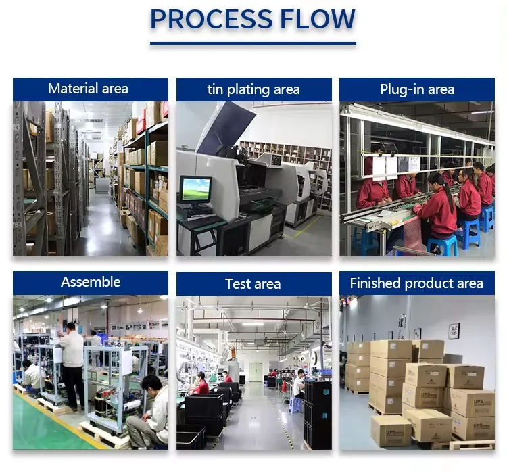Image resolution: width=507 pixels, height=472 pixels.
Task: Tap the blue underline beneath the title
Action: pos(253,43)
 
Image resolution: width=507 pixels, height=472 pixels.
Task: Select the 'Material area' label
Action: pos(89,89)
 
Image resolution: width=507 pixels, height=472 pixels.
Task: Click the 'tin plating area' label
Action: pos(254,89)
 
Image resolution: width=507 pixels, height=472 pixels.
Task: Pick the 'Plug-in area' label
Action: pos(417,89)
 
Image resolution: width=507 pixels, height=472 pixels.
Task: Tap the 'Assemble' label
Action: pos(91,282)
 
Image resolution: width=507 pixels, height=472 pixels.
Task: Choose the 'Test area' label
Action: pos(254,284)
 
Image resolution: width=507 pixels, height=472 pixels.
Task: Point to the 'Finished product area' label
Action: pos(416,283)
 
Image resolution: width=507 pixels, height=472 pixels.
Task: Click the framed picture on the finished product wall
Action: pos(454,331)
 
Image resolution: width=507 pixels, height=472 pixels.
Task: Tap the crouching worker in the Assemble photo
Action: pos(148,412)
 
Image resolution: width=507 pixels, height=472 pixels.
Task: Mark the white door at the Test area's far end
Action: pos(255,372)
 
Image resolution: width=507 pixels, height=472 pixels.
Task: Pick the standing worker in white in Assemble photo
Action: pos(73,365)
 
